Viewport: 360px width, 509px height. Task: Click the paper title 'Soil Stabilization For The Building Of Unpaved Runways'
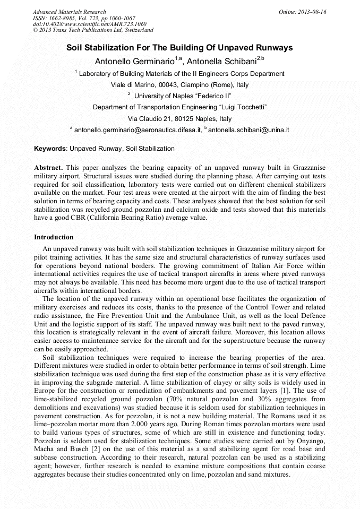(x=179, y=48)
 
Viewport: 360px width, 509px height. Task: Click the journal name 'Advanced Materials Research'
(x=70, y=12)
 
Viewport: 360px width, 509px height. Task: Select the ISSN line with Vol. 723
(x=84, y=18)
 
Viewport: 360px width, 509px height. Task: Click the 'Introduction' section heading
(x=54, y=237)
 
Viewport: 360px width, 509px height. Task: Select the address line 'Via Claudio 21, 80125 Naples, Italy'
(x=180, y=119)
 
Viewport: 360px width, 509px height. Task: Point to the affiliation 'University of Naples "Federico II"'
(x=182, y=96)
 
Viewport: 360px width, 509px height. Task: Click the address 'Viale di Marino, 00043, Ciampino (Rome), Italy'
(x=179, y=85)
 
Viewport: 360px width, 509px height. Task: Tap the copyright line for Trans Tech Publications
(x=93, y=31)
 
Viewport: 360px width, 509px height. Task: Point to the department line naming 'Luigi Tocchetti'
(x=179, y=107)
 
